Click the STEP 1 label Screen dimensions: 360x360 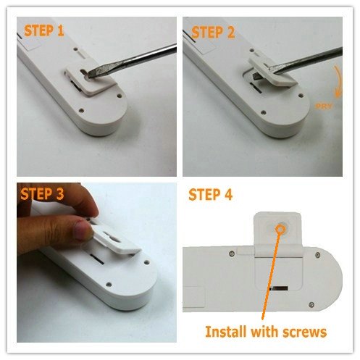pos(44,30)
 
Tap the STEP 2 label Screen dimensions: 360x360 pos(213,33)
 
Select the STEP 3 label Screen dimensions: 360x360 pos(42,194)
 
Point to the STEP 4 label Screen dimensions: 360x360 pos(210,195)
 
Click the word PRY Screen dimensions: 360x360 pos(324,106)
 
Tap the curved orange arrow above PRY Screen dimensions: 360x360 pos(338,81)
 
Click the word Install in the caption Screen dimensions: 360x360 pos(226,332)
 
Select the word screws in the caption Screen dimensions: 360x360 pos(305,332)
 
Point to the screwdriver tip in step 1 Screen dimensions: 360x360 pos(90,75)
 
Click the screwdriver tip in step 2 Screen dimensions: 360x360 pos(269,68)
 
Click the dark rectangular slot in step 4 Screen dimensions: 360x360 pos(278,288)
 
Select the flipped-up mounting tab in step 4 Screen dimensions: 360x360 pos(278,233)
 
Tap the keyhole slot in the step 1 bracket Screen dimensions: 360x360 pos(85,72)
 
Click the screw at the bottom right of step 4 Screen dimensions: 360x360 pos(311,305)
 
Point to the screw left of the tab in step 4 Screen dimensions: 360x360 pos(232,254)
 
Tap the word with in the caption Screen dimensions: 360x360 pos(265,331)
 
